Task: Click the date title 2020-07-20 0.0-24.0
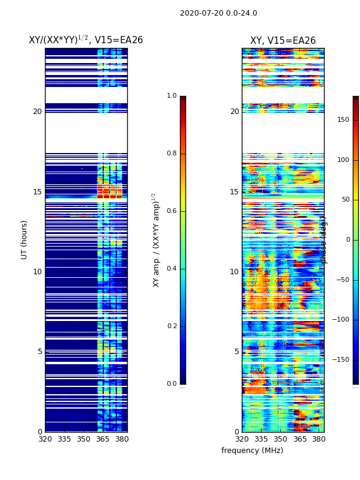218,13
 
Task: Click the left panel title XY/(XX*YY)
86,40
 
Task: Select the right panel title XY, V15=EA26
283,41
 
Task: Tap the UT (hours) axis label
25,239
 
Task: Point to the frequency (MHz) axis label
252,451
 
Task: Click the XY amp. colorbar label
156,240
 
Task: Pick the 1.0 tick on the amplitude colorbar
172,96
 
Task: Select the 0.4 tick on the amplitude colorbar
172,269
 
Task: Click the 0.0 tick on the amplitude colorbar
172,384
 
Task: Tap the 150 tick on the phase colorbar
343,120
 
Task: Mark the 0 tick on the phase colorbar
347,240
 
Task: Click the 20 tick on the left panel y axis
37,112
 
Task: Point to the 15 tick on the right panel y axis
234,192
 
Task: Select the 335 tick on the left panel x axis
64,439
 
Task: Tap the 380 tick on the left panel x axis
122,439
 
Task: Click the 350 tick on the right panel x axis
280,439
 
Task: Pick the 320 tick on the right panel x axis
242,439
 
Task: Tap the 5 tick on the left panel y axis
39,352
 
